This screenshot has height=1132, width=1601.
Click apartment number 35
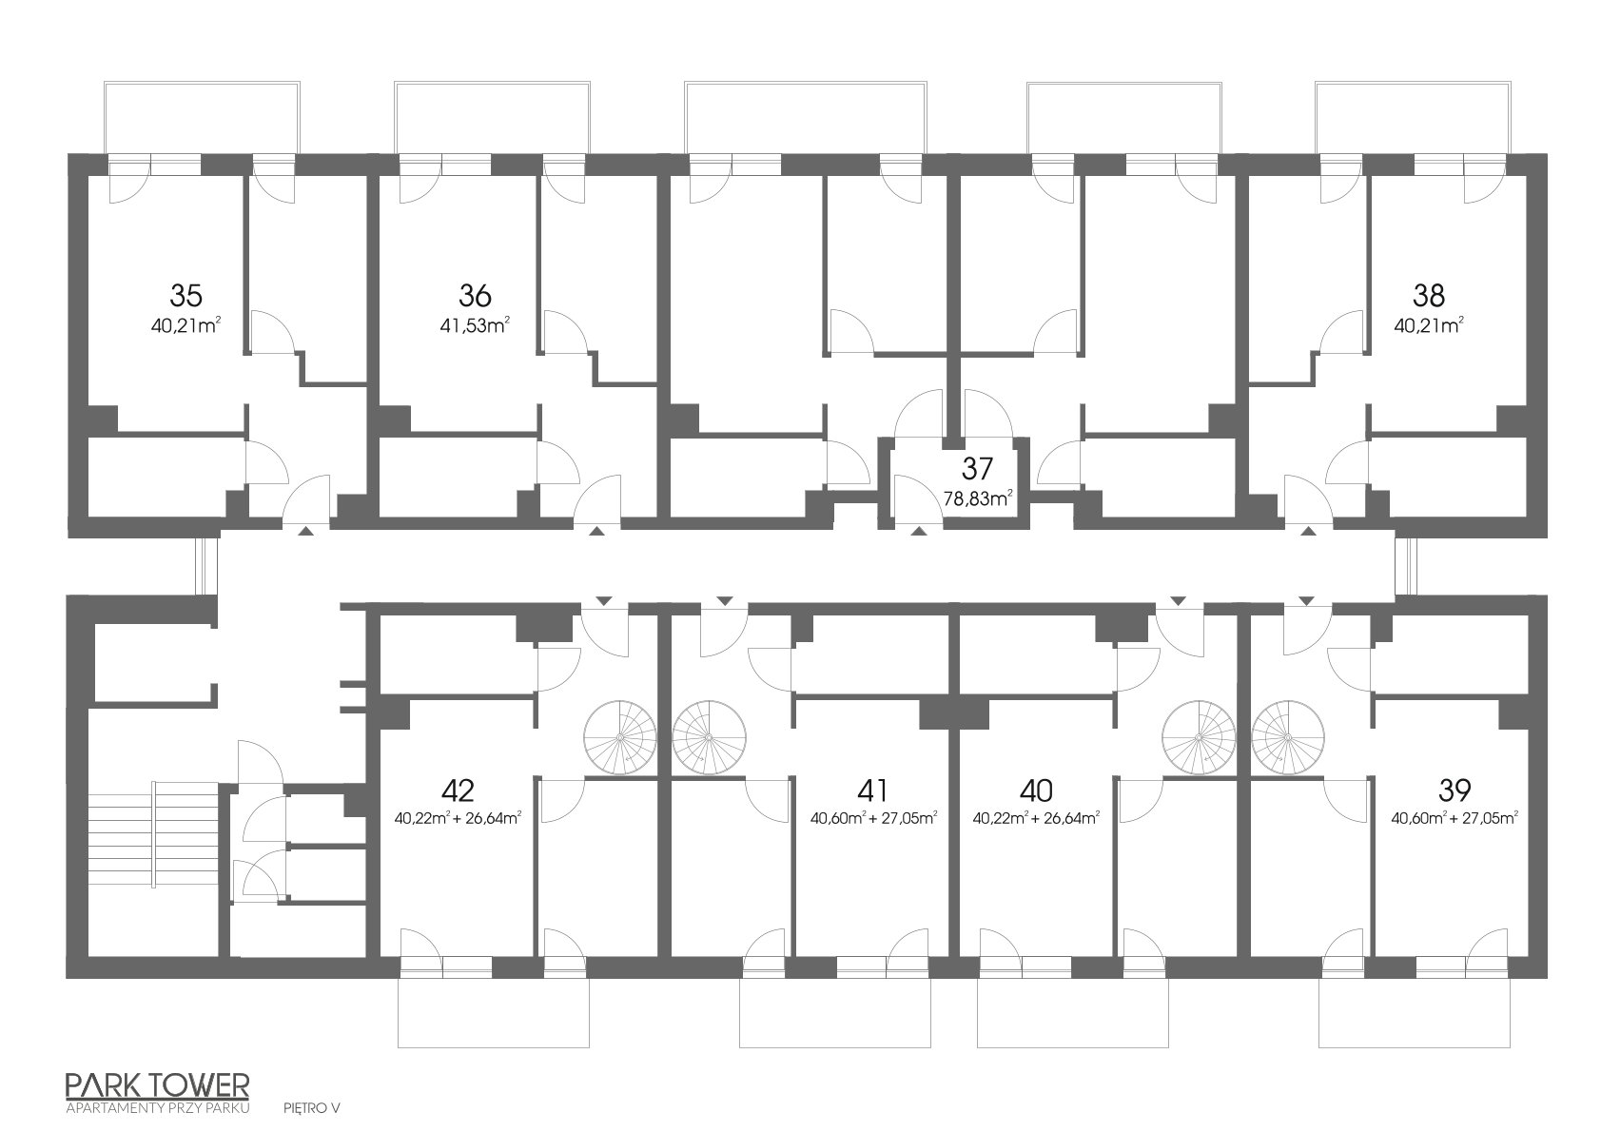point(185,295)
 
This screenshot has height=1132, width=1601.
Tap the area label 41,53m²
point(475,326)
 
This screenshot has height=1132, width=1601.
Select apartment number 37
point(977,469)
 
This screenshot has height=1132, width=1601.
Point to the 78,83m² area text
point(978,498)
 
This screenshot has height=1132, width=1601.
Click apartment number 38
point(1429,295)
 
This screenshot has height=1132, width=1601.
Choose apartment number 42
point(458,790)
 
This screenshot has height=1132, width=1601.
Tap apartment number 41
point(872,790)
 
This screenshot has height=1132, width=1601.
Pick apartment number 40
point(1036,790)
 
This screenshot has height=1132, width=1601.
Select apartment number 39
point(1454,790)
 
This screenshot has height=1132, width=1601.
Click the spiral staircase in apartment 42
point(619,737)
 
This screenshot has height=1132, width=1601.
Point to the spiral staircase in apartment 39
point(1287,737)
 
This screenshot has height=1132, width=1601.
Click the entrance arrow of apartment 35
point(305,531)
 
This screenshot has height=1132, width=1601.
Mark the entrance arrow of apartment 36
point(596,531)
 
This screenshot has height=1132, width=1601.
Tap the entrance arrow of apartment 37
point(918,531)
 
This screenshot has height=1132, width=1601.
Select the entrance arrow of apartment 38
point(1309,531)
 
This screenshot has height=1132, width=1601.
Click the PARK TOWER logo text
point(157,1084)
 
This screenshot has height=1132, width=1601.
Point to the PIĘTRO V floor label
point(312,1108)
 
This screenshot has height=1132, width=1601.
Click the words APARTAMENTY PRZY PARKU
point(157,1108)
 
